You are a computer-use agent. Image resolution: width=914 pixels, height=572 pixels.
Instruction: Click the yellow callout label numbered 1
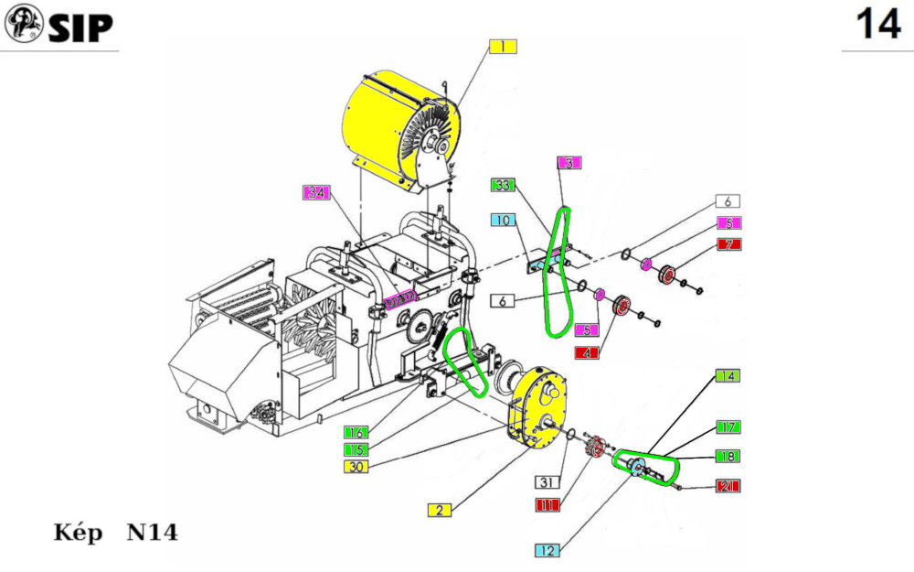pos(503,47)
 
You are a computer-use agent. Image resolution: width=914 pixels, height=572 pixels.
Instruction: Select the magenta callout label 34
pos(316,193)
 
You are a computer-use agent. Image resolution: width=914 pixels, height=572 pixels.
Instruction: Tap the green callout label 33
pos(503,185)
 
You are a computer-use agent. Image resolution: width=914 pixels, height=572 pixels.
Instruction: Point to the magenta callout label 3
pos(568,163)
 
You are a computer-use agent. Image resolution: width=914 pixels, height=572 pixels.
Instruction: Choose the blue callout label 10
pos(503,220)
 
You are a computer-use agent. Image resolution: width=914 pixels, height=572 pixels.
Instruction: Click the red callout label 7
pos(728,244)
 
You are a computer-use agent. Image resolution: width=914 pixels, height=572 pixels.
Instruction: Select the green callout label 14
pos(728,376)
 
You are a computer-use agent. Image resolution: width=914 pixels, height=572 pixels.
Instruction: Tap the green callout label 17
pos(728,426)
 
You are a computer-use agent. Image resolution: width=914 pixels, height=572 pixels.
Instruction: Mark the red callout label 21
pos(728,485)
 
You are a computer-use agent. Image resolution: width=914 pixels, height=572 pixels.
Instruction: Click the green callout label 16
pos(356,431)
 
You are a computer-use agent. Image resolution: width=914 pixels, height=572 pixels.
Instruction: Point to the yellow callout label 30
pos(356,467)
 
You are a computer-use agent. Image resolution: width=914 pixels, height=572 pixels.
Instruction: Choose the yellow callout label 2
pos(440,510)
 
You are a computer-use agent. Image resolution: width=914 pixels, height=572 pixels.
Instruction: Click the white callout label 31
pos(546,481)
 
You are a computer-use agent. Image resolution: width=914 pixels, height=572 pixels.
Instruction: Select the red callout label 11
pos(546,504)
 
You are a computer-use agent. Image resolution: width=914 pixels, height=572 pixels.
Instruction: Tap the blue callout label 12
pos(547,550)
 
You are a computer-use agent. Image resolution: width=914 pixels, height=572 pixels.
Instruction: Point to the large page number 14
pos(877,25)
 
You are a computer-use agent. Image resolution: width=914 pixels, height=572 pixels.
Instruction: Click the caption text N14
pos(152,533)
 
